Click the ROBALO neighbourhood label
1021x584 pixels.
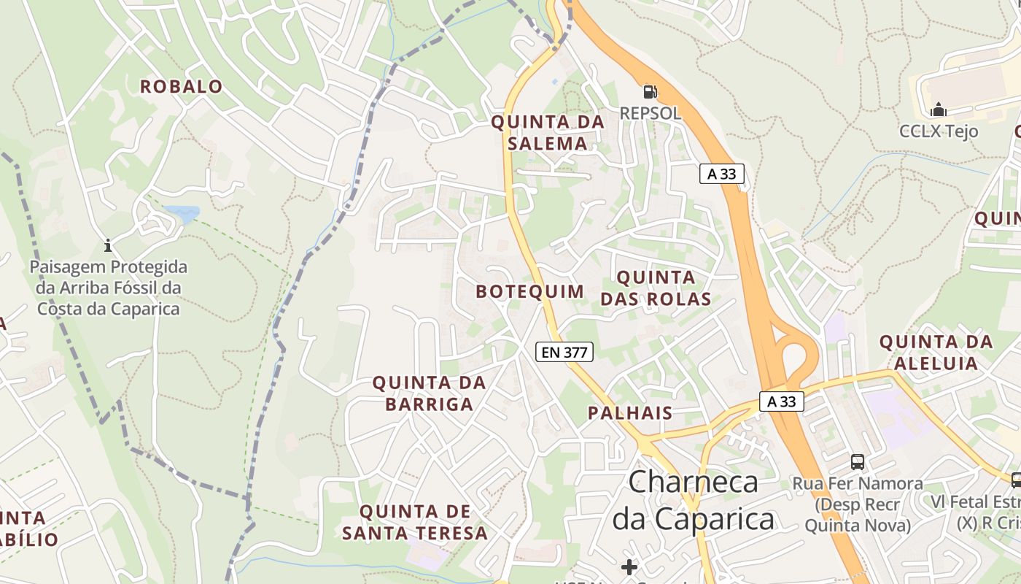pos(181,86)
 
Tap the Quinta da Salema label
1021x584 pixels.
pos(548,132)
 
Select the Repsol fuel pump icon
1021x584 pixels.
pos(650,92)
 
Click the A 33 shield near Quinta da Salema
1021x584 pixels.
pos(722,174)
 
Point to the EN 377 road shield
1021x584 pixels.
pos(564,352)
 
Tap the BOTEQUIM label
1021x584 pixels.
pos(530,291)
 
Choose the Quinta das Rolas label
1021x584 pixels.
pos(656,288)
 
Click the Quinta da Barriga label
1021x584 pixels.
pos(429,393)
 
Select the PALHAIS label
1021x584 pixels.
pos(630,412)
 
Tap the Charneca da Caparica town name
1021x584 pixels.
pos(693,500)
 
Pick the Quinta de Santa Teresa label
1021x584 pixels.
pos(415,522)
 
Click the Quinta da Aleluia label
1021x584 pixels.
pos(936,352)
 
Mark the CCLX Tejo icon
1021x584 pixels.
pos(939,109)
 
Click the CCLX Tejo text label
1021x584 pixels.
pos(938,131)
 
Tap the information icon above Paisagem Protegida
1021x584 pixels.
pos(108,245)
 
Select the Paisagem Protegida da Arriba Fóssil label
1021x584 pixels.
pos(108,288)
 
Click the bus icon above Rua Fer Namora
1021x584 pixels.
pos(858,461)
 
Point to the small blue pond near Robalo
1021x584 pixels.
pos(182,213)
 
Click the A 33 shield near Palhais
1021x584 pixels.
pos(781,401)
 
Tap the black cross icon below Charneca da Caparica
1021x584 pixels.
pos(629,566)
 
